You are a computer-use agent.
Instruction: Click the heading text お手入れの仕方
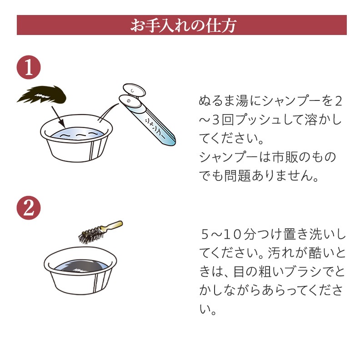pyautogui.click(x=183, y=25)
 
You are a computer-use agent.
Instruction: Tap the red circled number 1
pyautogui.click(x=29, y=67)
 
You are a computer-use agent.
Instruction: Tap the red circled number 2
pyautogui.click(x=29, y=208)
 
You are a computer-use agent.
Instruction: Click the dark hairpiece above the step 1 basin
pyautogui.click(x=42, y=94)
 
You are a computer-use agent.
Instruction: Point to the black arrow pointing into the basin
pyautogui.click(x=58, y=117)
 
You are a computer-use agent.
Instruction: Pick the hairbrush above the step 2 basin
pyautogui.click(x=100, y=232)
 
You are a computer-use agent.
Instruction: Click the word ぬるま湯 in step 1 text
pyautogui.click(x=224, y=101)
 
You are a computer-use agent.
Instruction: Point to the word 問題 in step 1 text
pyautogui.click(x=237, y=176)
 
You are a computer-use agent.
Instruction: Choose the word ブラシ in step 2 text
pyautogui.click(x=302, y=272)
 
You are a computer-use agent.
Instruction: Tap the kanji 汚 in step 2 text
pyautogui.click(x=274, y=253)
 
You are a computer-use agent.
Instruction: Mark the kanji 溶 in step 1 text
pyautogui.click(x=311, y=120)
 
